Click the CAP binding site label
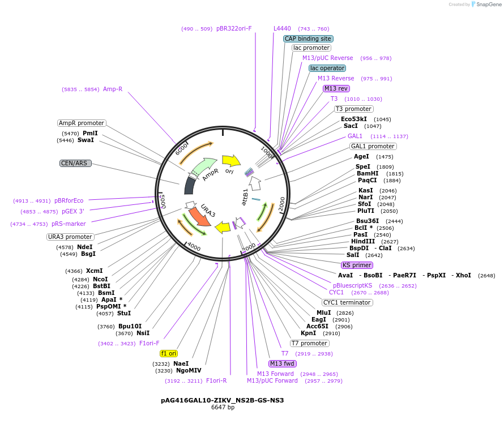308,38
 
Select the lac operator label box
327,68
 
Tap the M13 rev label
336,88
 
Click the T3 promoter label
353,109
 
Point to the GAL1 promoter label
373,146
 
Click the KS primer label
357,265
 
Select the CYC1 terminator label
347,302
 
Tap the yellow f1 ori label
169,353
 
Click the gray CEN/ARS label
75,163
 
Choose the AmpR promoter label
82,123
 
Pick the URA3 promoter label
70,237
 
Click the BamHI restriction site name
368,174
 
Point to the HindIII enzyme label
363,241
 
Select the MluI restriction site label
324,313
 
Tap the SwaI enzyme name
86,140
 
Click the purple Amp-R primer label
113,89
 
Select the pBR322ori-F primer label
234,28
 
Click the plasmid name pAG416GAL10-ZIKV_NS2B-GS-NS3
223,400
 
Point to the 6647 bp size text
223,407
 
